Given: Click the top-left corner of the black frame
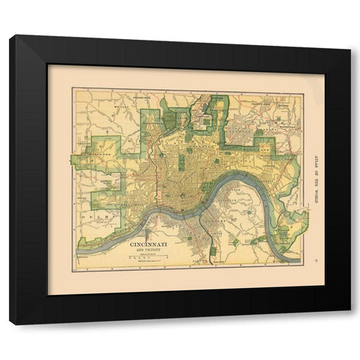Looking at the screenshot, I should pyautogui.click(x=11, y=36).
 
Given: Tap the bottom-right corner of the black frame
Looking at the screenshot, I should pyautogui.click(x=349, y=323).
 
